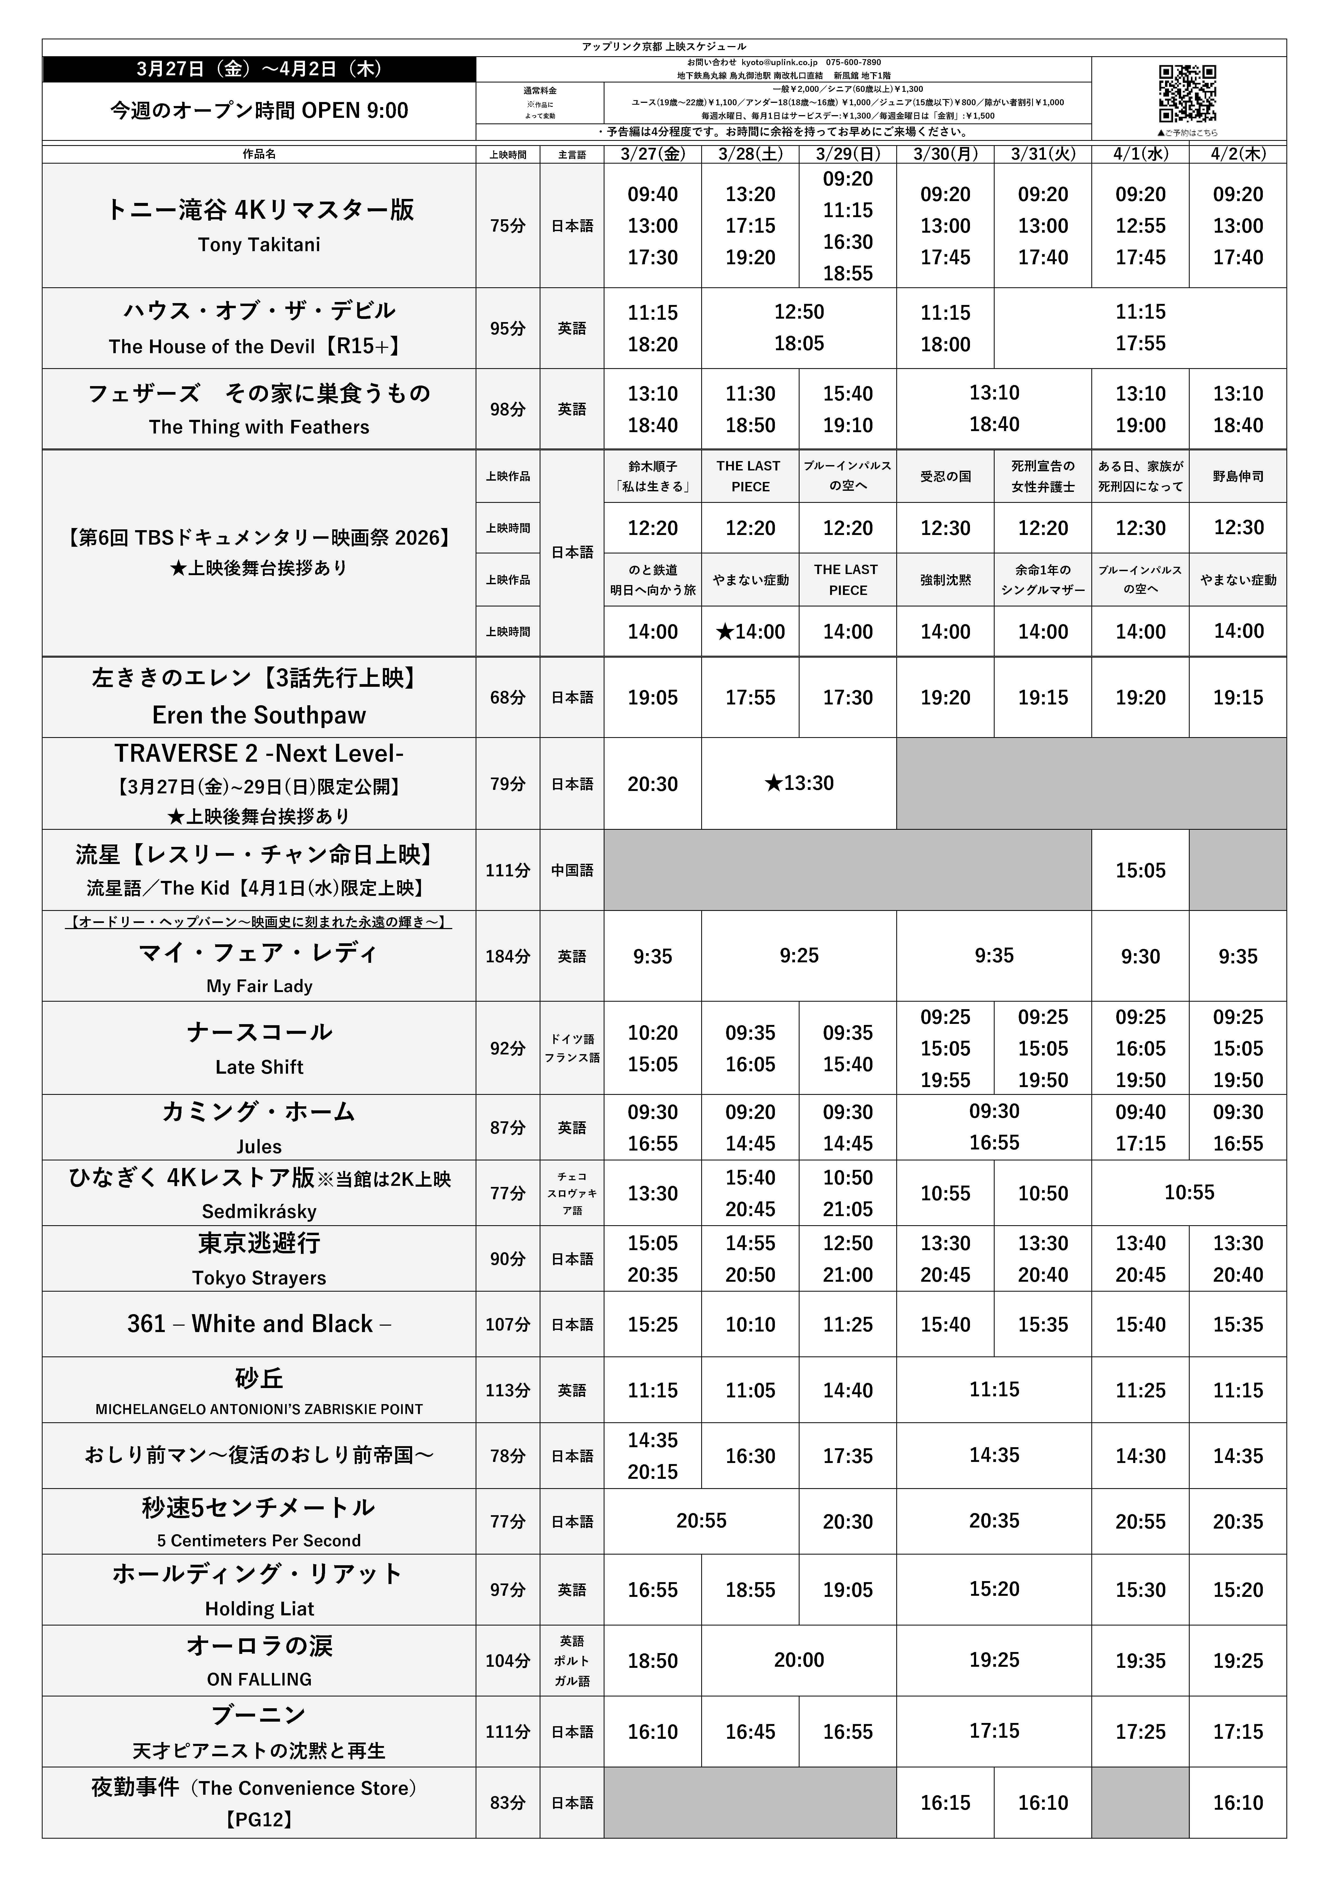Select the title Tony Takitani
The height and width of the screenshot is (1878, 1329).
259,244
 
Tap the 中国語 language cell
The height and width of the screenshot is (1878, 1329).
572,870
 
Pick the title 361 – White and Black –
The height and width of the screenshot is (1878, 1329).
259,1324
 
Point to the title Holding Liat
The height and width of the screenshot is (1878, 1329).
259,1609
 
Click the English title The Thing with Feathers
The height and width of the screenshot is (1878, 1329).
259,427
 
